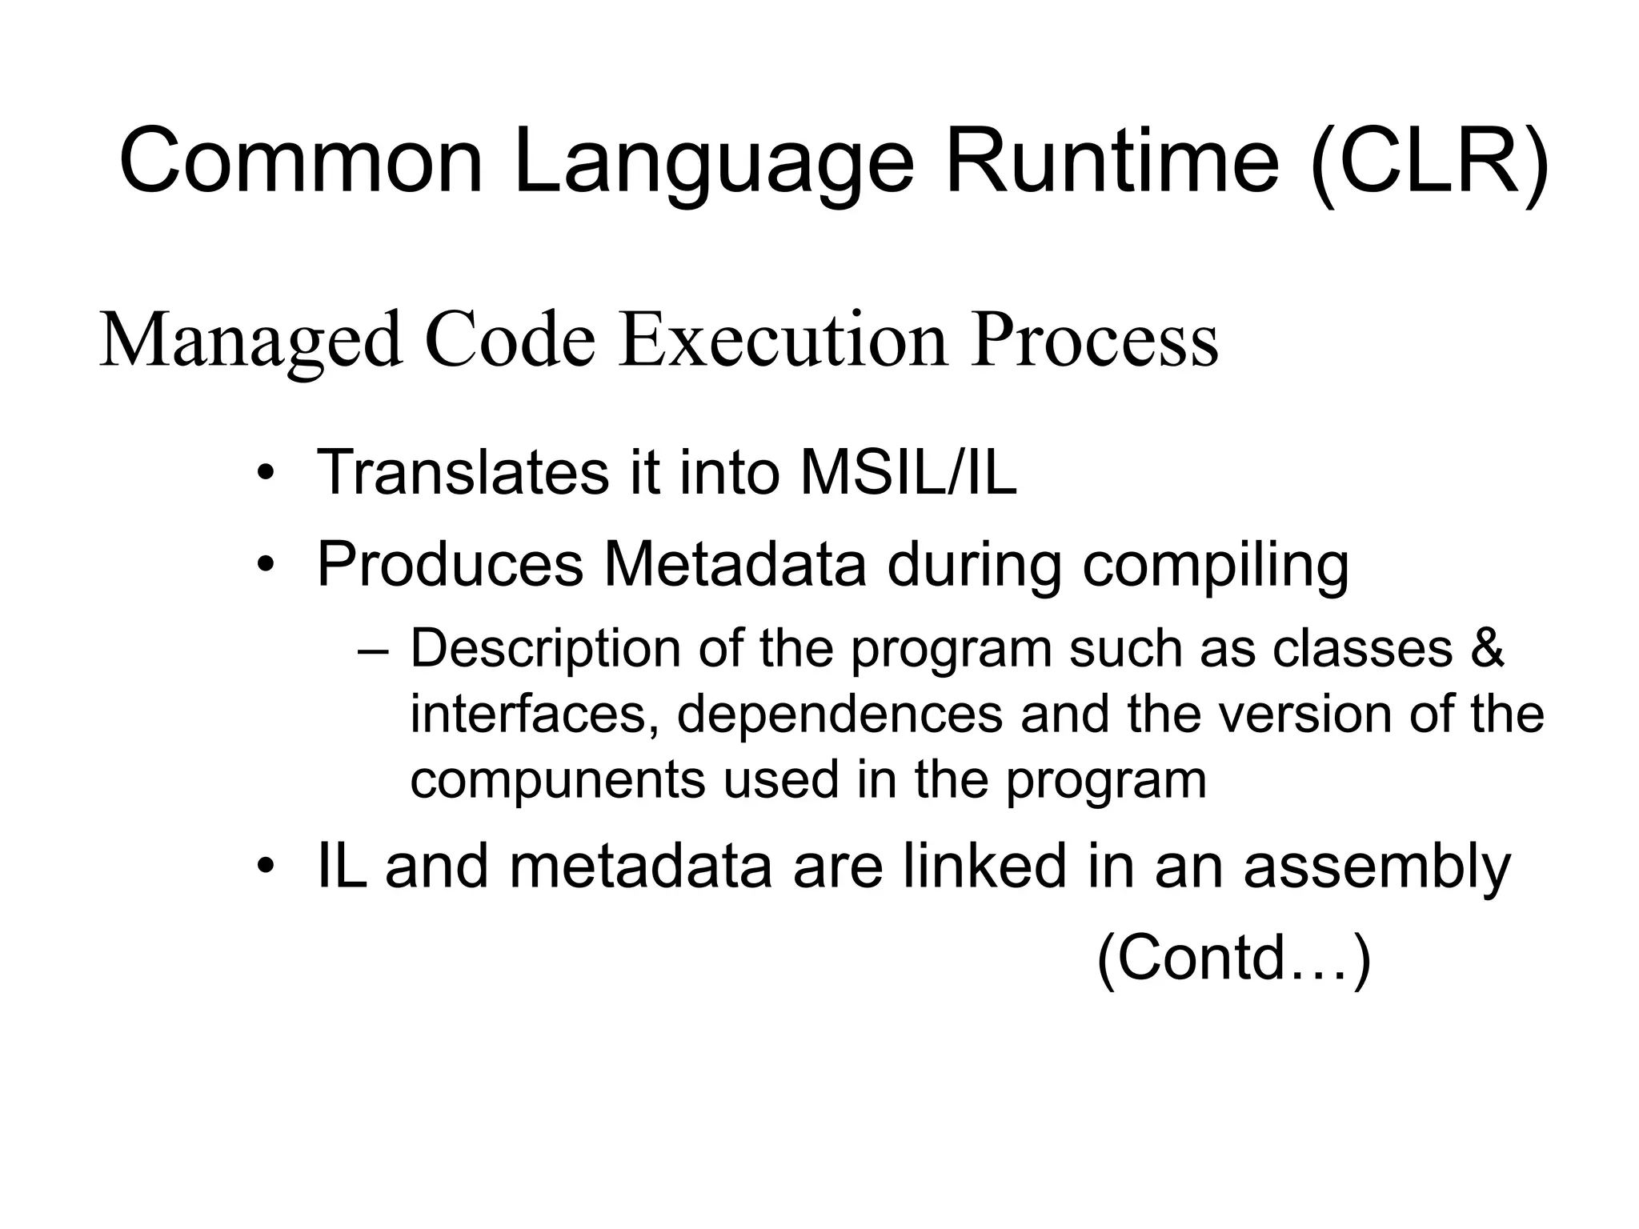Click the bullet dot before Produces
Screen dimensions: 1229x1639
pos(266,566)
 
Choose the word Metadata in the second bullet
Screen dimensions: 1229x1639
pos(735,564)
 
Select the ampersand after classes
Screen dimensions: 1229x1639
pos(1487,648)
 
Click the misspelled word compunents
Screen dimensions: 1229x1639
pos(557,781)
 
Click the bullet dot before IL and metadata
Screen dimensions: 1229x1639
pos(266,867)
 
